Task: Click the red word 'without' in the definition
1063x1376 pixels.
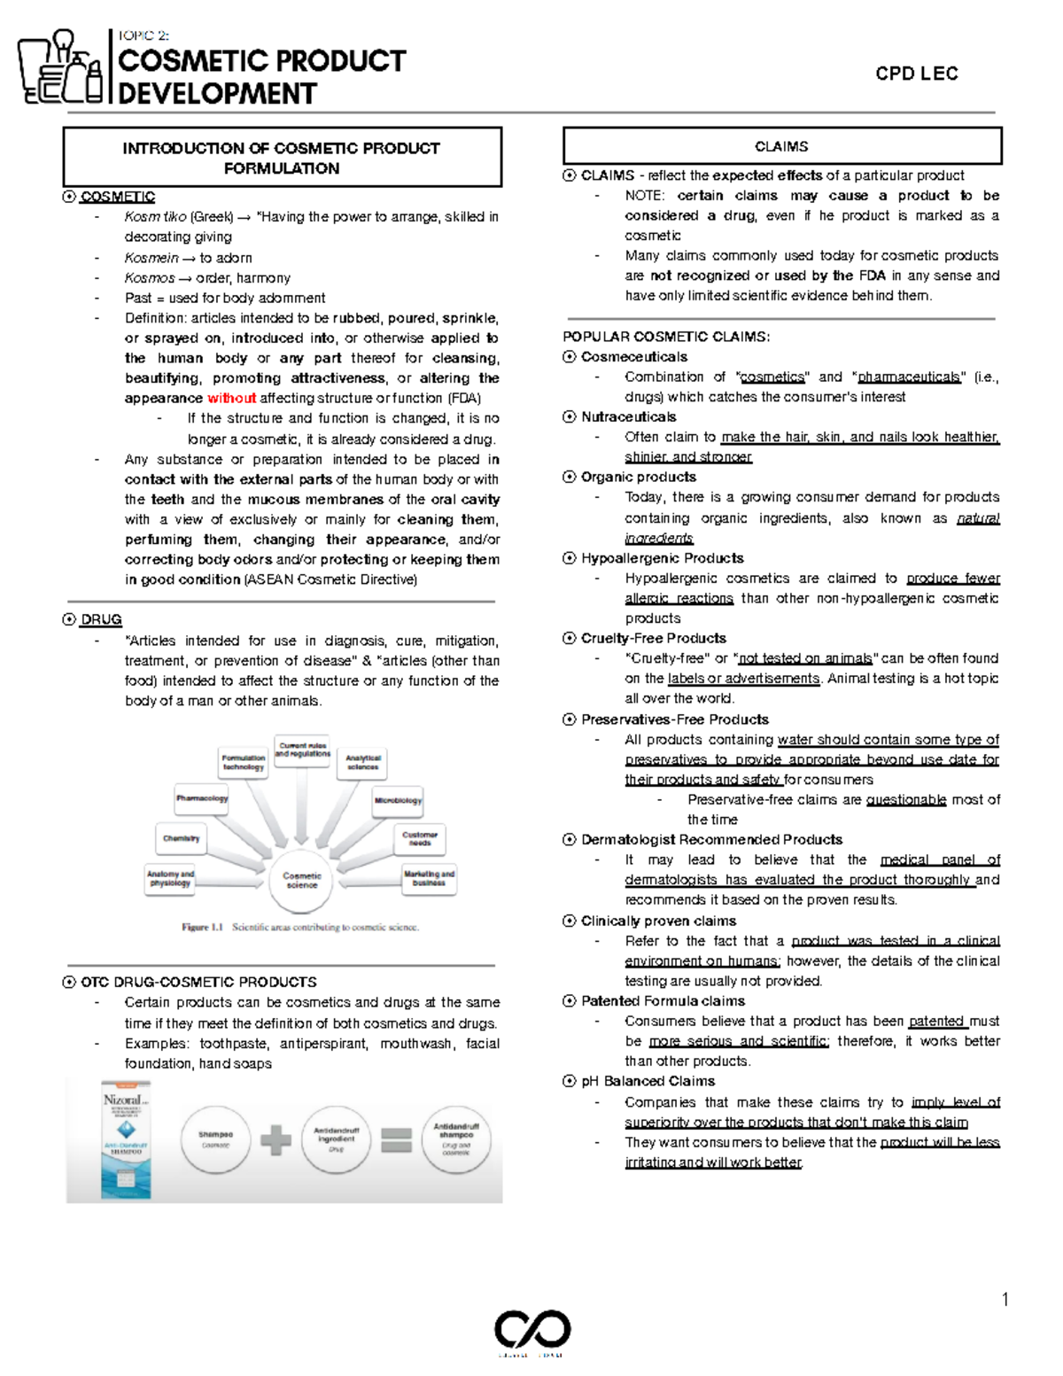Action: [231, 399]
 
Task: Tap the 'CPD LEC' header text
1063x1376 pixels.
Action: [916, 74]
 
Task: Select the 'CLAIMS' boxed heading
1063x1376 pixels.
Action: [781, 146]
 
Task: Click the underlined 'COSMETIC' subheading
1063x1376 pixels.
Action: [117, 197]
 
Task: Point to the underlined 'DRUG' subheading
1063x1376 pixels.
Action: [101, 619]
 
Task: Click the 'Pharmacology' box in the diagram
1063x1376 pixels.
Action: [202, 798]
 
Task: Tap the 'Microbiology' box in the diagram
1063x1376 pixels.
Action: [398, 800]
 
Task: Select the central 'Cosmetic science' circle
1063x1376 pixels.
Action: [301, 880]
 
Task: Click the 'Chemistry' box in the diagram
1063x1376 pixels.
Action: [181, 838]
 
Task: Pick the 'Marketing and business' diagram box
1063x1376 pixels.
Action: [429, 878]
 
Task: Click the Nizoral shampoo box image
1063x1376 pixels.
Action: [126, 1140]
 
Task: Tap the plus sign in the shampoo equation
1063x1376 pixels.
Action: [275, 1140]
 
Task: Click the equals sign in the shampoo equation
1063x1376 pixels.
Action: [396, 1140]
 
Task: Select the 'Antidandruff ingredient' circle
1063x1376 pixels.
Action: [336, 1139]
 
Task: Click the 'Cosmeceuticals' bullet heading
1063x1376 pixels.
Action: [633, 357]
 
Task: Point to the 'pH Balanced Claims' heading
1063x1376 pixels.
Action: [648, 1081]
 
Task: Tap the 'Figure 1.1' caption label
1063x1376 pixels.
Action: [202, 927]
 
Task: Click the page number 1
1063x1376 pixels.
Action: [1005, 1300]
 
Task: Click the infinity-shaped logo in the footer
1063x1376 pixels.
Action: [531, 1330]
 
